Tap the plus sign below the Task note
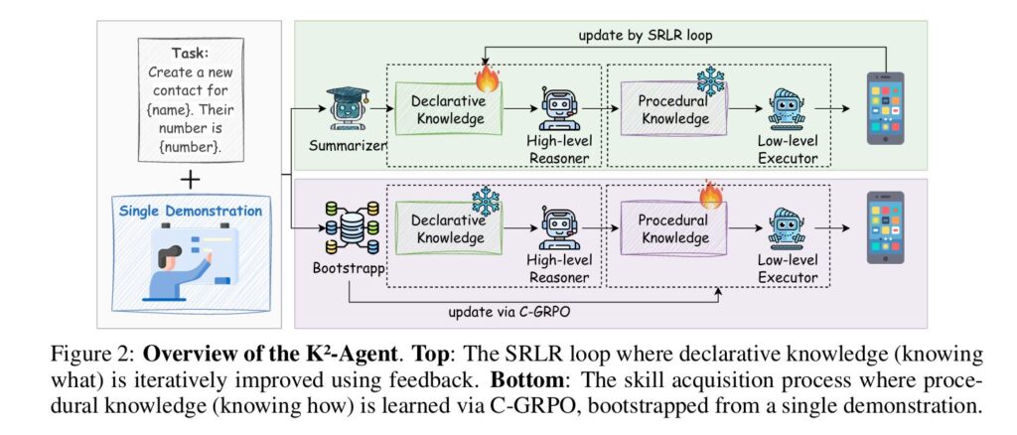(188, 179)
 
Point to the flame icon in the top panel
(487, 76)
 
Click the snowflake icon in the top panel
(710, 79)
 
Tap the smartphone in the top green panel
(885, 109)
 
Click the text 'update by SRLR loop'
(645, 36)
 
